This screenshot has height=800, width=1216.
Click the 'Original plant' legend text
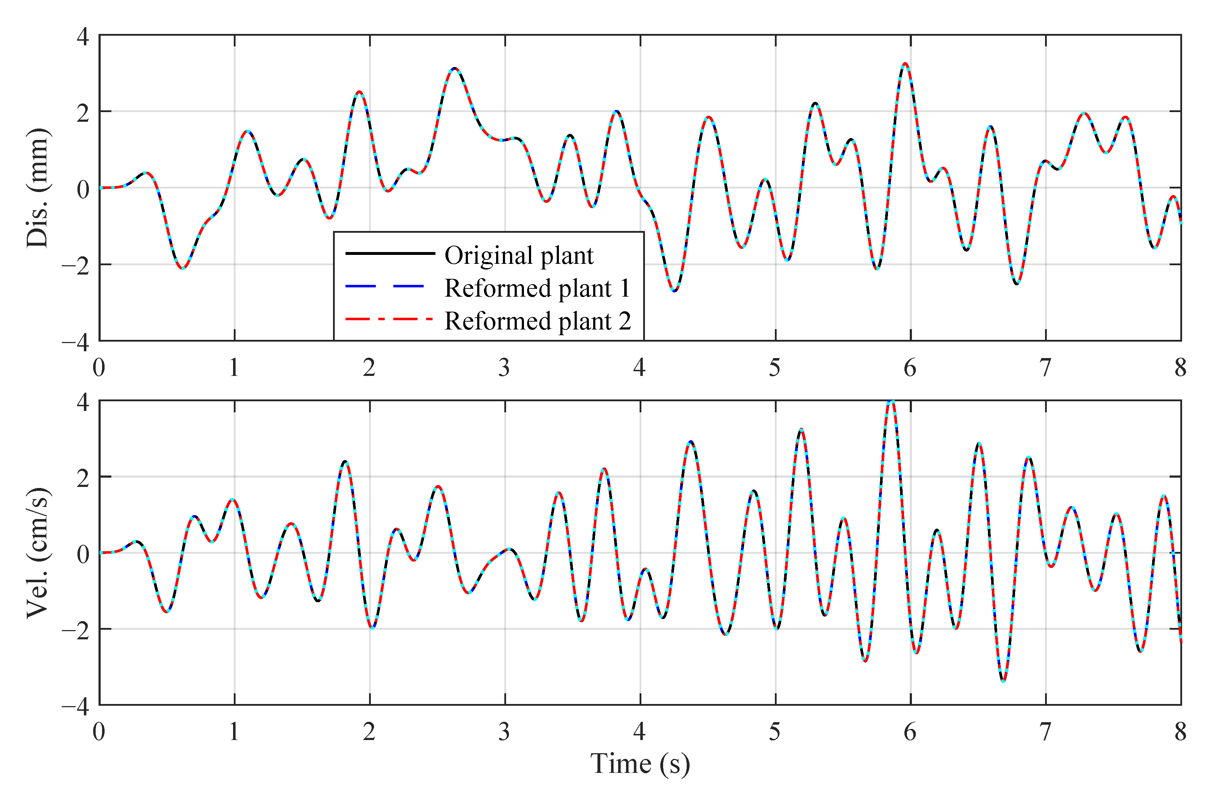(519, 255)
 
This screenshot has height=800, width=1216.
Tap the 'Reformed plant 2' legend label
(538, 321)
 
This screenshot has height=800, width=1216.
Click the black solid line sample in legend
(389, 253)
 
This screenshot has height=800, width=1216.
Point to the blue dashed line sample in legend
(384, 286)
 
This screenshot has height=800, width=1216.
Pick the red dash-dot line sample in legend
(388, 320)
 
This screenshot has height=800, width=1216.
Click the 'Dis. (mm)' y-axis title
(38, 188)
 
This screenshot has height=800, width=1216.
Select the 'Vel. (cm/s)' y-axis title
(38, 553)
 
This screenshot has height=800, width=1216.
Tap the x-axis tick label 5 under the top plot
(774, 368)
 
